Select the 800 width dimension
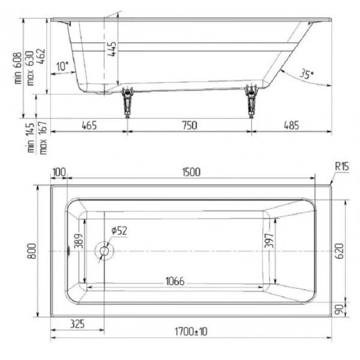pyautogui.click(x=34, y=250)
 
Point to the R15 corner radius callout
pyautogui.click(x=342, y=167)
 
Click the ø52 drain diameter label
pyautogui.click(x=119, y=230)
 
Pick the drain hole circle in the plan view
pyautogui.click(x=104, y=251)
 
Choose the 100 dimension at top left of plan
pyautogui.click(x=59, y=172)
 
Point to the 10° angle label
pyautogui.click(x=62, y=66)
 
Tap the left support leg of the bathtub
pyautogui.click(x=127, y=102)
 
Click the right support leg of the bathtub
pyautogui.click(x=251, y=102)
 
